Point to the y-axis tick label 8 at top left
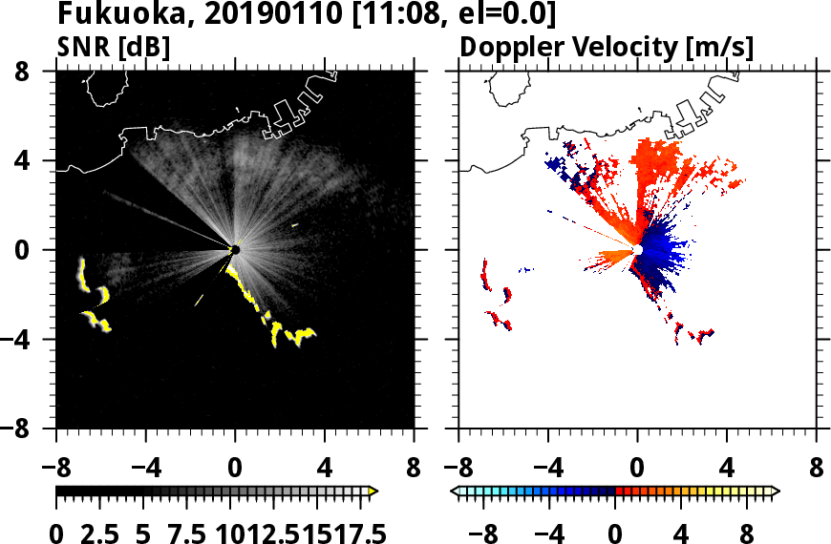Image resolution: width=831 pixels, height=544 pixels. (x=36, y=72)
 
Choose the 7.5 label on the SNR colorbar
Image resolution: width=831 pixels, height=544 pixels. (x=189, y=533)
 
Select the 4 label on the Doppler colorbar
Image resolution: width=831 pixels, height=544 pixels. (x=682, y=533)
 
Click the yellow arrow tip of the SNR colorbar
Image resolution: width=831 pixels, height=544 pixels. (x=373, y=492)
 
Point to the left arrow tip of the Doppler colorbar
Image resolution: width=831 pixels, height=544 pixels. (x=455, y=492)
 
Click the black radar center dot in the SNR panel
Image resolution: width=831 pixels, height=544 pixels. (x=235, y=250)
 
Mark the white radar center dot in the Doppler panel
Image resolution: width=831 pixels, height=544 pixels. (x=637, y=250)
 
